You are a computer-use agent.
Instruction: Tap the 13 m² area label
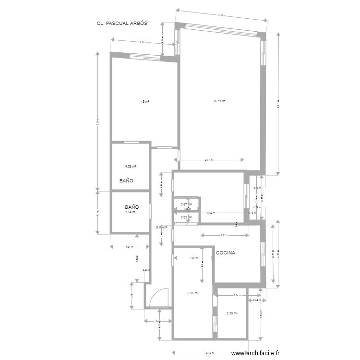tap(144, 102)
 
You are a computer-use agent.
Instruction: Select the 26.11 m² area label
tap(220, 101)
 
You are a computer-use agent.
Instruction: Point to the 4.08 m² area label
tap(131, 167)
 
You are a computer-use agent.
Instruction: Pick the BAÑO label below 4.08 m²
tap(126, 181)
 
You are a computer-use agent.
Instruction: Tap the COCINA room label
tap(226, 252)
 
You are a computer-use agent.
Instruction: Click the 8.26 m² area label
tap(192, 293)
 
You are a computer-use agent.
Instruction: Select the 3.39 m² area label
tap(231, 314)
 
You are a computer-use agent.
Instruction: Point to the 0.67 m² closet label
tap(186, 204)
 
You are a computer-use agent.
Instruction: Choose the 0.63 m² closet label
tap(186, 217)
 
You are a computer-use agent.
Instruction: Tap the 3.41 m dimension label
tap(209, 160)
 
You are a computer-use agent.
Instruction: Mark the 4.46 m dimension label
tap(221, 15)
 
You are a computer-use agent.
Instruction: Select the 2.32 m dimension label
tap(224, 235)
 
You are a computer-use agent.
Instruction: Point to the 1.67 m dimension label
tap(193, 258)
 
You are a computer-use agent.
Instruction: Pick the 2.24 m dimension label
tap(237, 295)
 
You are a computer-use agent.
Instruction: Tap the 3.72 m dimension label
tap(209, 353)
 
